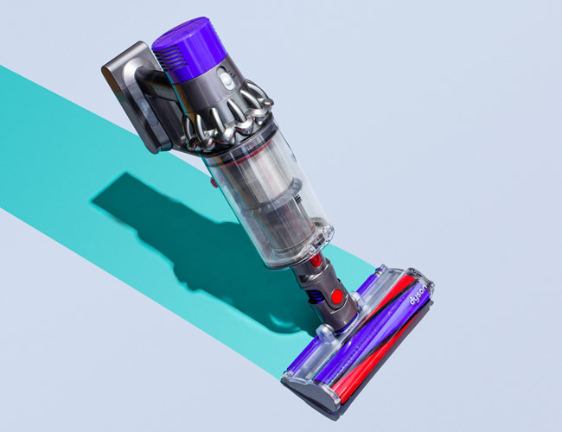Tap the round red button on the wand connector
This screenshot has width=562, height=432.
click(337, 296)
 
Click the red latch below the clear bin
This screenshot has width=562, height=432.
click(316, 260)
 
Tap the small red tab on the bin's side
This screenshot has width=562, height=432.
click(214, 182)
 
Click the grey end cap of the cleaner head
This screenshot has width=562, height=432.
click(310, 391)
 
